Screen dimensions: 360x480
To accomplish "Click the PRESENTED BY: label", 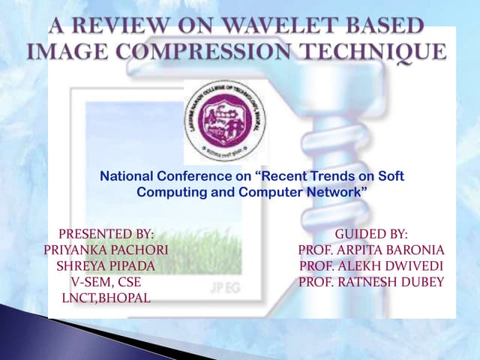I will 106,235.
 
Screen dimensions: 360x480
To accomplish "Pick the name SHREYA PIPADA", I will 106,266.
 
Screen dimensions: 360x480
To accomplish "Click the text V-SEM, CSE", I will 106,282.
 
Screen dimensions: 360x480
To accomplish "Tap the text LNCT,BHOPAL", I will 106,298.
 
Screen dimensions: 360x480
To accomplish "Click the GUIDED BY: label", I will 371,235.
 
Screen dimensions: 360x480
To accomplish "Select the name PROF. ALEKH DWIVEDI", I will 371,266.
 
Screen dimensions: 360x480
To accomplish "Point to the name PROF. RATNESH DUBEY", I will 371,282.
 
